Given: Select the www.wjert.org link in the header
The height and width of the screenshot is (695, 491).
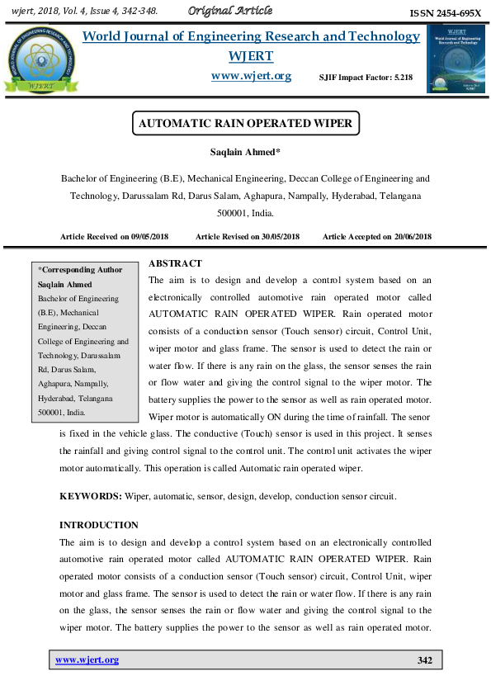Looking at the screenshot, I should tap(252, 75).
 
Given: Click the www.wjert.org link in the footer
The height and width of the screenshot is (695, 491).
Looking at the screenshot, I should tap(87, 660).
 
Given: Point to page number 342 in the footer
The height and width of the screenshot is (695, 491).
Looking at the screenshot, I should tap(425, 660).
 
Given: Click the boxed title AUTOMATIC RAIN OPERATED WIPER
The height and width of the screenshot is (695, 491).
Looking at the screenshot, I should tap(245, 124).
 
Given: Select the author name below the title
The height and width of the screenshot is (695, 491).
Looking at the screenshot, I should tap(245, 153).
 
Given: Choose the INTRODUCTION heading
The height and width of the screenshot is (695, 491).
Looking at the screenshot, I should tap(99, 525).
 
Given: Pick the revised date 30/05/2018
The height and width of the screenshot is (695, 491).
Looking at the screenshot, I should tap(276, 237).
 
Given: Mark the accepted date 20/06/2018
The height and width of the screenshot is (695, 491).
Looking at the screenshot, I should tap(410, 237).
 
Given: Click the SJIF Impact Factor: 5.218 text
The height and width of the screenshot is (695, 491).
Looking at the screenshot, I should tap(366, 77).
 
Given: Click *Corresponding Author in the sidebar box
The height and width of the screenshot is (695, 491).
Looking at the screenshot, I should tap(81, 270).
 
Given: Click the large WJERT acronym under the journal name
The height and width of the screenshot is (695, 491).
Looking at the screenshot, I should tap(251, 55).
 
